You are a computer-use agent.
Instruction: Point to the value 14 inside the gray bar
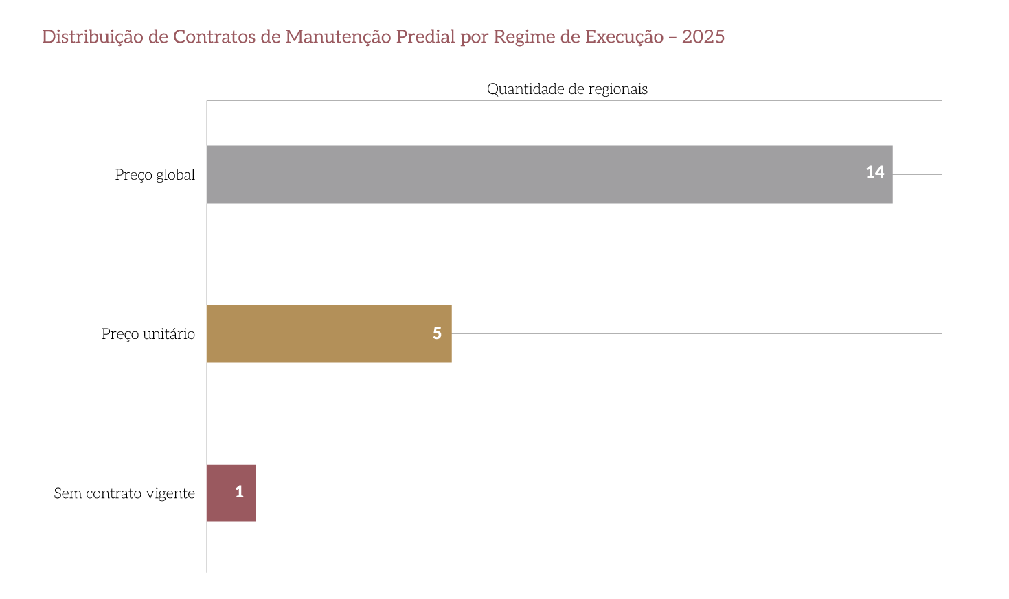[874, 172]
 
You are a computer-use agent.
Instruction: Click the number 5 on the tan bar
[437, 333]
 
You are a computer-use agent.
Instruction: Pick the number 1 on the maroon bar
[239, 492]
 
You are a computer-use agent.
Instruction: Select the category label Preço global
[155, 175]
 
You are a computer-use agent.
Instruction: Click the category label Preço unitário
[148, 334]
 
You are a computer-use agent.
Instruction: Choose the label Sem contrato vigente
[124, 493]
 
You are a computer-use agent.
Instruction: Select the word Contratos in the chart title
[214, 36]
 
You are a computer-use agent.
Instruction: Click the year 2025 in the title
[703, 36]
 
